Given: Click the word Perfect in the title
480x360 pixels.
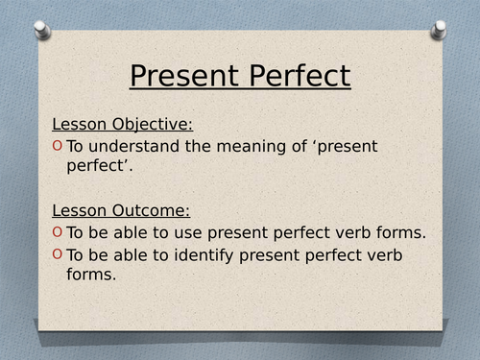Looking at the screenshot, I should click(x=292, y=76).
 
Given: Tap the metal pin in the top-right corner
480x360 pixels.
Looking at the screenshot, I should click(x=438, y=30).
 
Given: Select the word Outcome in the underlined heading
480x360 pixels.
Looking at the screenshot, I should click(x=152, y=209).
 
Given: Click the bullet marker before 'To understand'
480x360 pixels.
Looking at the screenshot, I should click(x=58, y=146).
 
